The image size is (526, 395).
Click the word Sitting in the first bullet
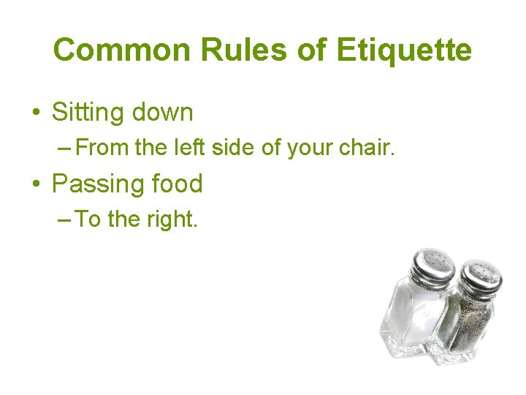coord(87,113)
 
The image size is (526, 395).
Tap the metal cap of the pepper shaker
coord(479,276)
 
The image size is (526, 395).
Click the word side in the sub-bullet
coord(230,149)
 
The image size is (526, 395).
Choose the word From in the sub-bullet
coord(102,149)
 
